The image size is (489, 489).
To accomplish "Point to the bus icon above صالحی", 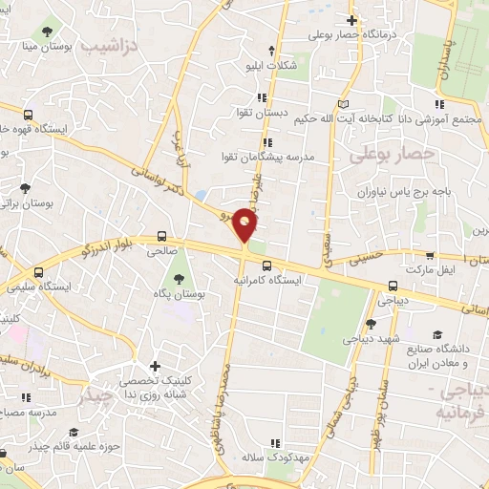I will (162, 238).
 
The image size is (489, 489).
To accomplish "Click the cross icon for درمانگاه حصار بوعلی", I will (352, 20).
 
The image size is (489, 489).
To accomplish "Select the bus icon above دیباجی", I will (393, 285).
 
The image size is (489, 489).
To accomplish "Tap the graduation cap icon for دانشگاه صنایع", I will (436, 334).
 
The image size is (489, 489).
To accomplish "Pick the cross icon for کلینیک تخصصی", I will (156, 366).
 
